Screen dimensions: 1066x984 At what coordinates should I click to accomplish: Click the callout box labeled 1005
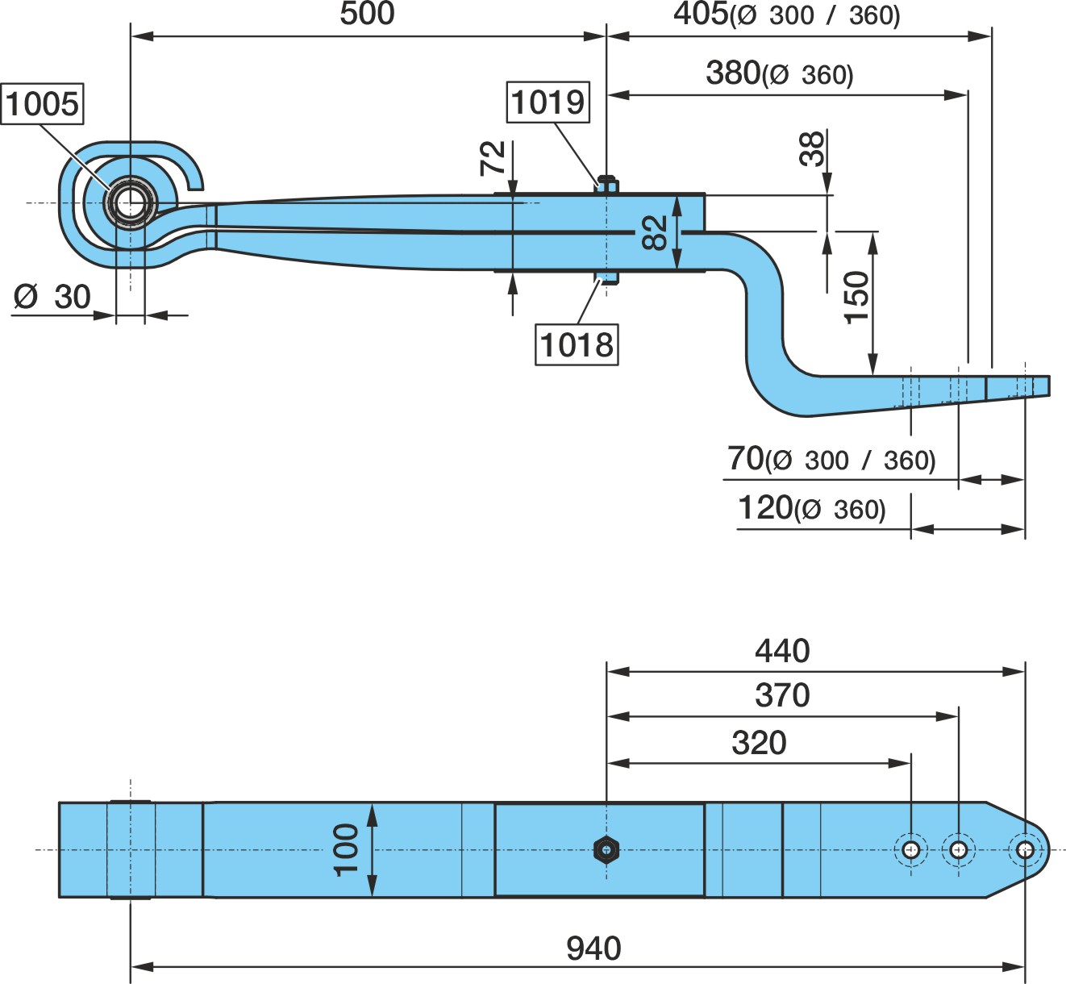tap(42, 104)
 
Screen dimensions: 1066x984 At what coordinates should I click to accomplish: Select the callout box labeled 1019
tap(548, 102)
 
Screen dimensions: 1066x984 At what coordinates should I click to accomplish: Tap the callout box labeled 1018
tap(577, 344)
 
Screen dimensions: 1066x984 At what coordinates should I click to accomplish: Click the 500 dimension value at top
tap(367, 14)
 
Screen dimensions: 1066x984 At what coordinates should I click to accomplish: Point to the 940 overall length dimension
tap(593, 948)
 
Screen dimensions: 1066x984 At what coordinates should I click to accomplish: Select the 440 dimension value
tap(782, 651)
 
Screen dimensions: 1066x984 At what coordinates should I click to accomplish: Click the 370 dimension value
tap(782, 695)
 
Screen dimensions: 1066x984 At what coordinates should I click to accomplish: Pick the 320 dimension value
tap(759, 743)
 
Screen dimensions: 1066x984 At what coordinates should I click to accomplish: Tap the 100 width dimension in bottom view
tap(346, 850)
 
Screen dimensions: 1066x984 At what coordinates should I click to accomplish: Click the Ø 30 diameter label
tap(52, 297)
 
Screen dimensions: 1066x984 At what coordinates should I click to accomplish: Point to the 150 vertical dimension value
tap(856, 298)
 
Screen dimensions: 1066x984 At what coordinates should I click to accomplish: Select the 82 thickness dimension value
tap(654, 232)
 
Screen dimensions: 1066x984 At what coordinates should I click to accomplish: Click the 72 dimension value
tap(493, 158)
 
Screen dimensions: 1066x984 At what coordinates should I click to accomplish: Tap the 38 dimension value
tap(811, 148)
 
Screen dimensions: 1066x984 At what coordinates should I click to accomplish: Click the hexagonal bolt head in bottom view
tap(606, 850)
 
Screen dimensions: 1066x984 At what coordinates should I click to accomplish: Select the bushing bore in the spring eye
tap(130, 204)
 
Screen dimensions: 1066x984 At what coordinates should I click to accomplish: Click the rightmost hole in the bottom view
tap(1025, 850)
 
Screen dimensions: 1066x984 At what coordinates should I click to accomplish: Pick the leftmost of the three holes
tap(911, 850)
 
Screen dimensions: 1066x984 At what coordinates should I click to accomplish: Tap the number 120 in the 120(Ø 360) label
tap(765, 507)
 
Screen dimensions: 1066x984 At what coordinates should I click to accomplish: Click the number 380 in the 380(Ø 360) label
tap(733, 73)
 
